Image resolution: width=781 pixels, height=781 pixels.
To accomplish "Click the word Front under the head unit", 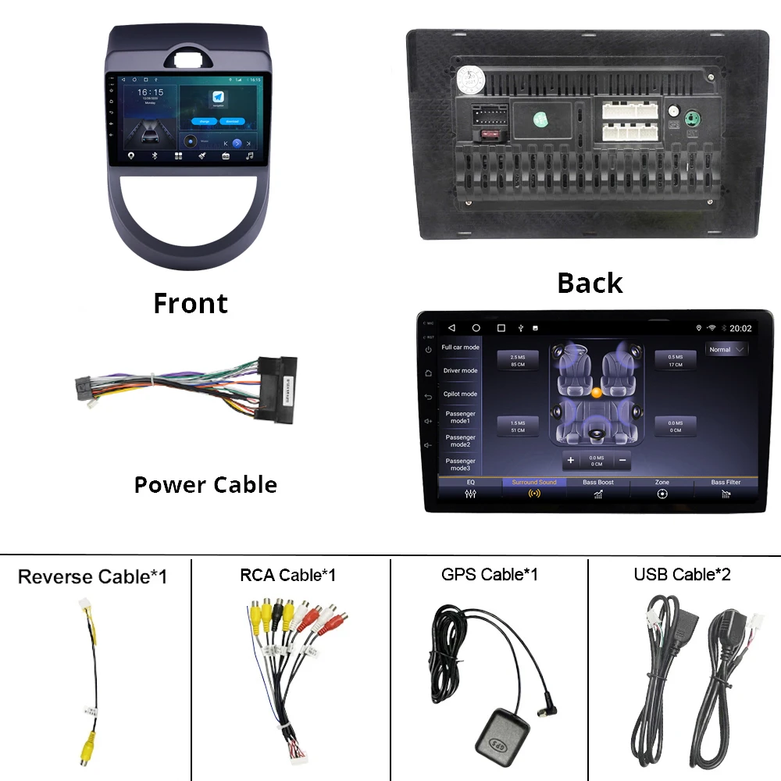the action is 191,303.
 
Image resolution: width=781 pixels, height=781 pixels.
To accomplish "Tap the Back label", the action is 590,283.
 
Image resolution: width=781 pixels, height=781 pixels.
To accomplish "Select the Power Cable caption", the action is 205,485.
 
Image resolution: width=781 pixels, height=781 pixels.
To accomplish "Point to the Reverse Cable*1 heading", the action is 92,577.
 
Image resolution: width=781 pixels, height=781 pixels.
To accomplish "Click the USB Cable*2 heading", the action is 682,575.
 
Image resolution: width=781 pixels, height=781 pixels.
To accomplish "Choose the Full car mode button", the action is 460,348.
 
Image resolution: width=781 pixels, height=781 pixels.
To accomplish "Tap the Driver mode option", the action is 460,371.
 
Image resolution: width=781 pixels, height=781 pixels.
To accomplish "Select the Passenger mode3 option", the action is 460,465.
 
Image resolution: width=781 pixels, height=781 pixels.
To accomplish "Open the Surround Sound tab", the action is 534,488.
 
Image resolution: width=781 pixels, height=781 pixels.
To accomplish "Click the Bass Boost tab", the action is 598,488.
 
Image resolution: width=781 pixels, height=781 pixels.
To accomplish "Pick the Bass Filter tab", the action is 726,488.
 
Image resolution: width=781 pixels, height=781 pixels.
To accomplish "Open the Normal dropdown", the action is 726,350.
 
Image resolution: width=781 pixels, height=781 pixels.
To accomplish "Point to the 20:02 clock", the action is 740,329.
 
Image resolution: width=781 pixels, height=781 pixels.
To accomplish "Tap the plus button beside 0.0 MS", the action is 571,460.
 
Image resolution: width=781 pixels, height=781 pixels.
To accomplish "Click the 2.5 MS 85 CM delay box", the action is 518,361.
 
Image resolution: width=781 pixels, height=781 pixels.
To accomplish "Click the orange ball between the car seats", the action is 596,393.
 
